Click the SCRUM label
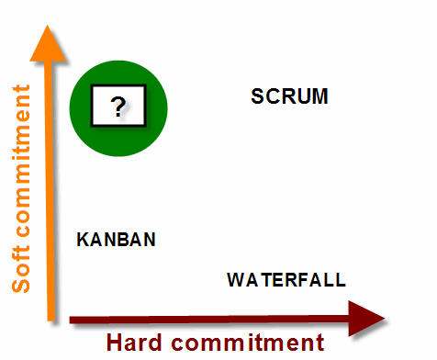tap(289, 96)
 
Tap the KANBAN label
tap(116, 240)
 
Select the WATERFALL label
tap(286, 279)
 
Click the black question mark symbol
tap(118, 107)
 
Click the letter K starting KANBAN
tap(82, 240)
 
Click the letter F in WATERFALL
tap(301, 279)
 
